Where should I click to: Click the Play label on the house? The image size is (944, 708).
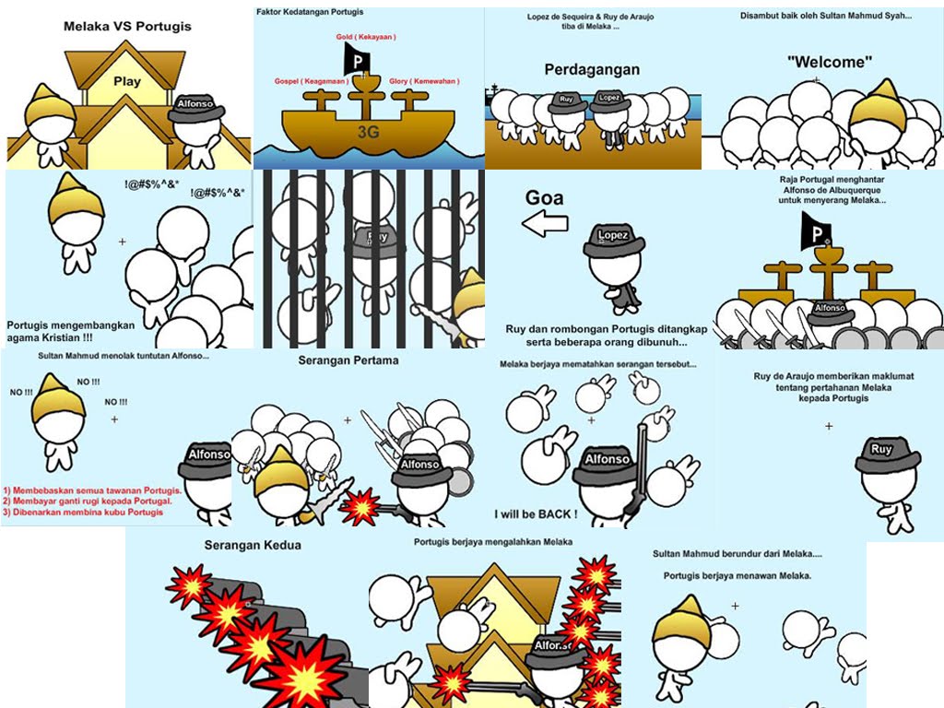click(x=127, y=81)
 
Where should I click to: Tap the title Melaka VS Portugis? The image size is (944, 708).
click(x=127, y=27)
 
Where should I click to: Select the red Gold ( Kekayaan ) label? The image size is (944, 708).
click(x=366, y=36)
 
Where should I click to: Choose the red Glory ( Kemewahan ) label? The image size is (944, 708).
click(x=424, y=81)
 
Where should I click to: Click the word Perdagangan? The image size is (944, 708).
click(x=592, y=69)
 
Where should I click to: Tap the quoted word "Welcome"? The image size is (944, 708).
click(x=830, y=62)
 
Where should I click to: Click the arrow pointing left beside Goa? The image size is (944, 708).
click(x=545, y=223)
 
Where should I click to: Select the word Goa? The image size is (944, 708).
click(x=544, y=196)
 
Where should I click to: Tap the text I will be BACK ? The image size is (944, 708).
click(x=536, y=513)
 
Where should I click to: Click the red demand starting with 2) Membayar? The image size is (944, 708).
click(x=89, y=501)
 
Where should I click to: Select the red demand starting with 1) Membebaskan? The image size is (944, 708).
click(x=92, y=490)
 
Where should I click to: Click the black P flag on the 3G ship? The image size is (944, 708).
click(x=355, y=61)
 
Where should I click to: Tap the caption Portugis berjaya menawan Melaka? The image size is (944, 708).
click(x=737, y=576)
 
